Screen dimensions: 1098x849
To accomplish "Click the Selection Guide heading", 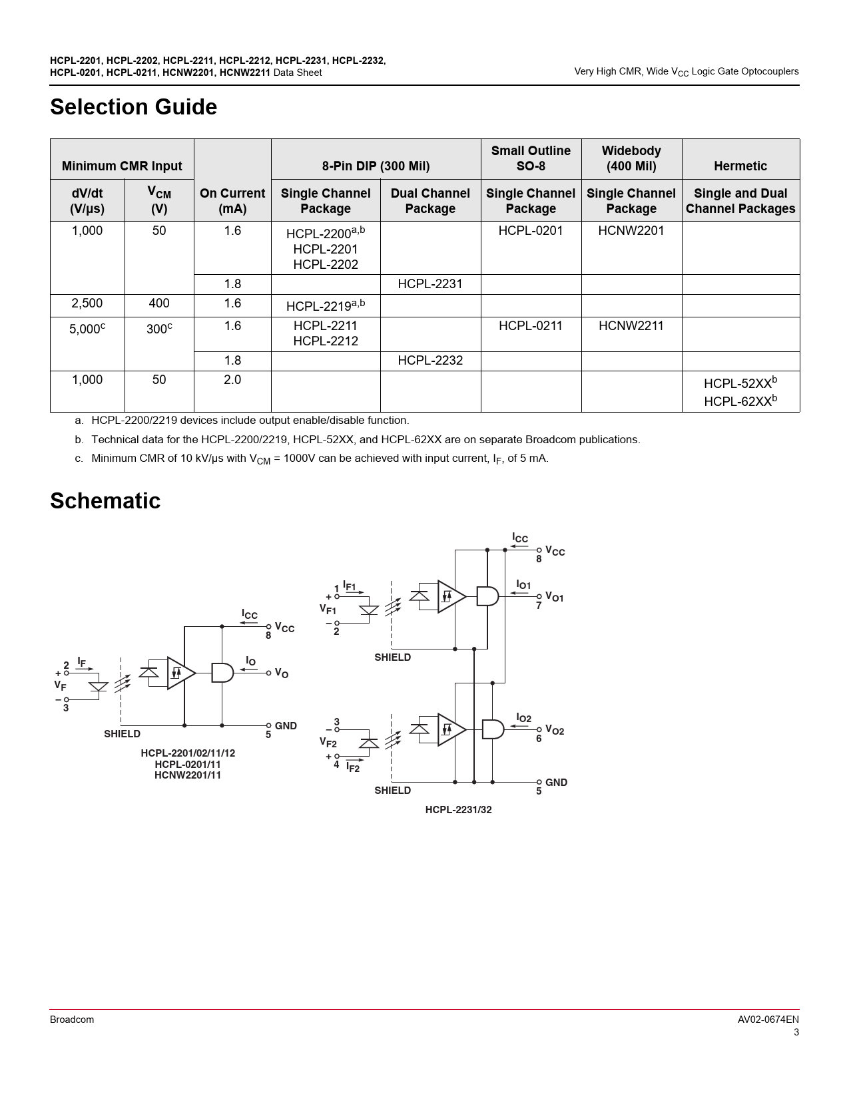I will pos(133,107).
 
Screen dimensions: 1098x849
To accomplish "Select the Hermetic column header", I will pos(740,166).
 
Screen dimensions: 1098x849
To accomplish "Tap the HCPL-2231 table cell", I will pos(429,283).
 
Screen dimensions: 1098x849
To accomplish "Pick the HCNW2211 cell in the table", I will pos(631,325).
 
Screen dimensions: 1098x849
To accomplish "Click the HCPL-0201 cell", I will pos(530,230).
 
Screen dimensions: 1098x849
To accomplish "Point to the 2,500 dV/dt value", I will pos(87,303).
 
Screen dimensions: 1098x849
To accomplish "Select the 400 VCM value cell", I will pos(158,303).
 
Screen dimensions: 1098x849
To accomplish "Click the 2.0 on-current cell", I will pos(232,380).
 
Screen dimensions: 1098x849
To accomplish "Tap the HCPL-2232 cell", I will pos(429,360).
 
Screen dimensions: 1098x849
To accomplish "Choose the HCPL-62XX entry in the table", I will pos(740,401).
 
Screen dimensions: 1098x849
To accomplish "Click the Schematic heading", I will pos(105,500).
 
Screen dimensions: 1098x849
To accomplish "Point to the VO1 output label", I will pos(554,597).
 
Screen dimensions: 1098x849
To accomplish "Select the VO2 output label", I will pos(554,730).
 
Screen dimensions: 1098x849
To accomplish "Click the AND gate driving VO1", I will pos(487,596).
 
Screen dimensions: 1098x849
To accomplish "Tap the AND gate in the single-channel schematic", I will pos(222,673).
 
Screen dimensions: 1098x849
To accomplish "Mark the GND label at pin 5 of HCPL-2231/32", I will pos(556,783).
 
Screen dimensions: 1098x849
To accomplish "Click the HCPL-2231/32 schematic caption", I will pos(458,810).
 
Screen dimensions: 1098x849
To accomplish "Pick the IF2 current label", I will pos(353,767).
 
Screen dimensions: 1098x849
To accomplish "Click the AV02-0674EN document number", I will pos(768,1019).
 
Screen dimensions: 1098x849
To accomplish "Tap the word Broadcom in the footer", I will pos(72,1019).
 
